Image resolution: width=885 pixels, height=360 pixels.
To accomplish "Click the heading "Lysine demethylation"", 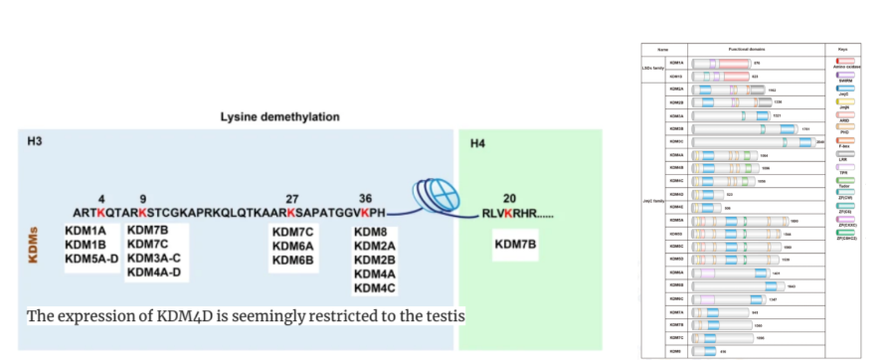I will coord(279,117).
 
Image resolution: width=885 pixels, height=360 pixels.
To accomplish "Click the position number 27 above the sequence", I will coord(291,198).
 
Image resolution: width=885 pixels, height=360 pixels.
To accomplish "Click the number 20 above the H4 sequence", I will coord(510,198).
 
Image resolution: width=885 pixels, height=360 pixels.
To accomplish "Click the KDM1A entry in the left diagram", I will coord(86,232).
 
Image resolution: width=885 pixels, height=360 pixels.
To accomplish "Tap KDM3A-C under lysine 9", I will coord(155,259).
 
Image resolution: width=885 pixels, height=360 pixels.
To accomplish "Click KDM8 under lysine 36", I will coord(370,232).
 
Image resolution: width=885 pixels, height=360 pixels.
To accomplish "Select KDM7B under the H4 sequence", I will coord(515,244).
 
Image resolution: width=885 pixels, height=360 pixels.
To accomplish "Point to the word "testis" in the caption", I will coord(444,317).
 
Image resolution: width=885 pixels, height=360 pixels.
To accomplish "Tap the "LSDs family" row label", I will coord(652,68).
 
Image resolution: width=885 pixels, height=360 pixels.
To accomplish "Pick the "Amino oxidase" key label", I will coord(845,68).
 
